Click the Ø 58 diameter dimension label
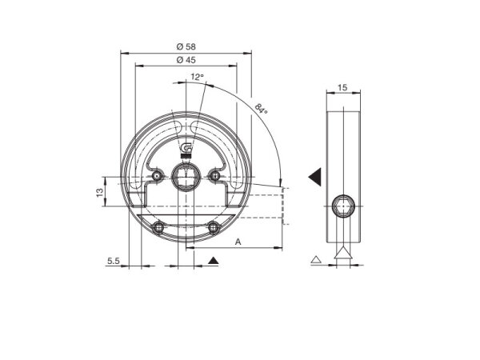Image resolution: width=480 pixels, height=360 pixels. point(186,46)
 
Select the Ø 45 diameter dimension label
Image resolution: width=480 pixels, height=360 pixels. point(186,60)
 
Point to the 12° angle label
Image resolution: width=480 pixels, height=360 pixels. point(197,77)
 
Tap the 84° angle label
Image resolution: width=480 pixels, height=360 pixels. point(261,109)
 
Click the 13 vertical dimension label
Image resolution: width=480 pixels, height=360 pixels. point(100,192)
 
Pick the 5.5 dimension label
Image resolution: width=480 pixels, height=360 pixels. point(114,261)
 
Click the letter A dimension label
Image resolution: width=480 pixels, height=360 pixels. point(238,242)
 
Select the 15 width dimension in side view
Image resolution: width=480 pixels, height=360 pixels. point(342,87)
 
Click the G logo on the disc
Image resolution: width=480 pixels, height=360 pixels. point(186,148)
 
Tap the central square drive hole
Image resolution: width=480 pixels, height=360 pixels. point(186,177)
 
